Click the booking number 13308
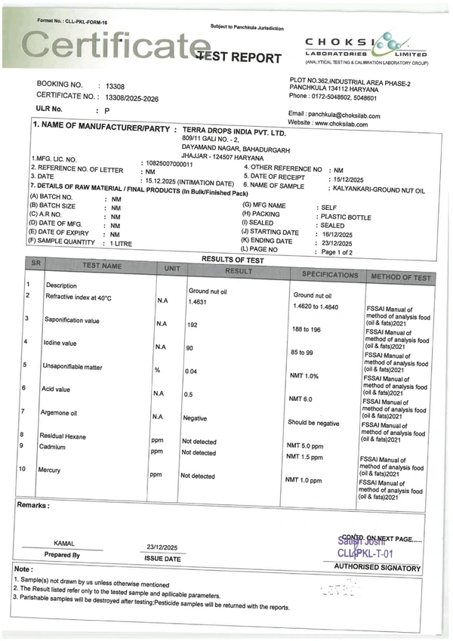115,85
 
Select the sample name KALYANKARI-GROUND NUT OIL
373,190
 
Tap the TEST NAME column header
101,267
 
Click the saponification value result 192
193,324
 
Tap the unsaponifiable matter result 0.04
191,371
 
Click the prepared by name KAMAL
63,543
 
